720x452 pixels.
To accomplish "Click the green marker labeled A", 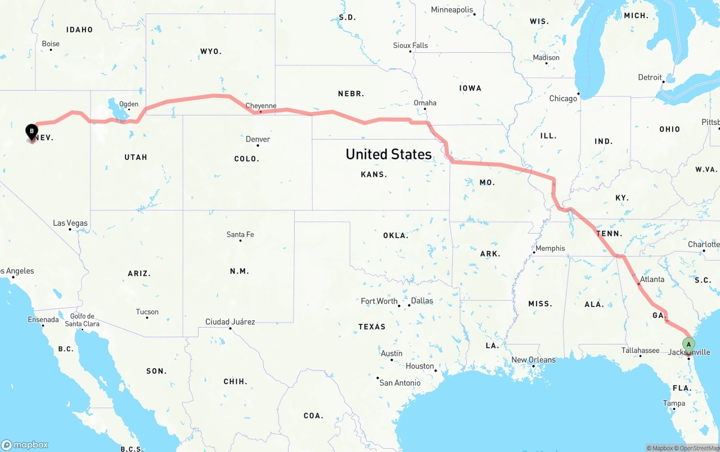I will [688, 344].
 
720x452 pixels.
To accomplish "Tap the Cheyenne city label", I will [261, 106].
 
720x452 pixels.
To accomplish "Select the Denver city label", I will [258, 139].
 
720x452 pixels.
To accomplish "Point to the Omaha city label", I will [425, 103].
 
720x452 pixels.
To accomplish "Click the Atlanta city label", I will [652, 279].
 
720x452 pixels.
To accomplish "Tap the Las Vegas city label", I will [70, 223].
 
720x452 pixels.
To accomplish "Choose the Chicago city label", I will [563, 99].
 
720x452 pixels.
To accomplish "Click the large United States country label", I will [389, 154].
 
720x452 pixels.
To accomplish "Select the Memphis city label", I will [550, 248].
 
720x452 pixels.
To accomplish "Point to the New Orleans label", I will [533, 360].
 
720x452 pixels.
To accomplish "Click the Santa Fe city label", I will [240, 234].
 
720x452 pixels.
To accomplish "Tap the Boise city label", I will [51, 44].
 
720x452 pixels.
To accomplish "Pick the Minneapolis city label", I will [452, 10].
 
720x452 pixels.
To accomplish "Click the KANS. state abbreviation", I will [374, 174].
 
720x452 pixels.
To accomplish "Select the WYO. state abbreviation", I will [211, 51].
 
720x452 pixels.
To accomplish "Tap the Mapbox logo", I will [25, 445].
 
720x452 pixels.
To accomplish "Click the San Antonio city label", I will [400, 383].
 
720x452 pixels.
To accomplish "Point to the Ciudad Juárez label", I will [230, 322].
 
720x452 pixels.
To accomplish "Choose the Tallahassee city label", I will [640, 350].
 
